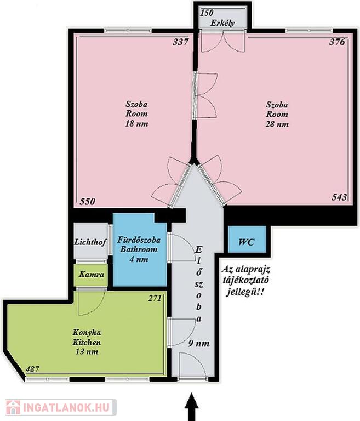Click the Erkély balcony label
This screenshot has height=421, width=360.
(x=222, y=23)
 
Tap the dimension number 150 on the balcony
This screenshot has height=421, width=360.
(x=207, y=13)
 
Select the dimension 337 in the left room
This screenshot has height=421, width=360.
(x=181, y=42)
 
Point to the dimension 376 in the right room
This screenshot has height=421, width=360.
(x=337, y=42)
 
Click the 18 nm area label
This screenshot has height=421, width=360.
(x=136, y=124)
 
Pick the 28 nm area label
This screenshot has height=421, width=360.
(x=277, y=124)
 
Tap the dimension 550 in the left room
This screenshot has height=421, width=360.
(x=87, y=201)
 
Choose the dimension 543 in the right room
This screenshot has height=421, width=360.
(x=339, y=197)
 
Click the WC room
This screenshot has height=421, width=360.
(x=247, y=239)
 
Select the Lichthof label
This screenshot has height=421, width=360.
(x=90, y=242)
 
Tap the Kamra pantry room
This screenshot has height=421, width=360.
(x=92, y=275)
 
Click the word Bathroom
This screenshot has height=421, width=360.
(x=139, y=249)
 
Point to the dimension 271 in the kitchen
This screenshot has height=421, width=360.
(x=155, y=298)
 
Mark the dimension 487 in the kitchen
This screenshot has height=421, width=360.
(x=32, y=369)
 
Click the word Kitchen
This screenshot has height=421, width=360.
(x=87, y=342)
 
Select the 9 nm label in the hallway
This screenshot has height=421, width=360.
(x=199, y=343)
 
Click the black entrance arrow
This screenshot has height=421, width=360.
(x=192, y=407)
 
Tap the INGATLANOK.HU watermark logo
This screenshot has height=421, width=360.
(x=61, y=407)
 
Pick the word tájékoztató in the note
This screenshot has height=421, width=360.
(x=245, y=281)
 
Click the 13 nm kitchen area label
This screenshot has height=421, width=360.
(x=87, y=352)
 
